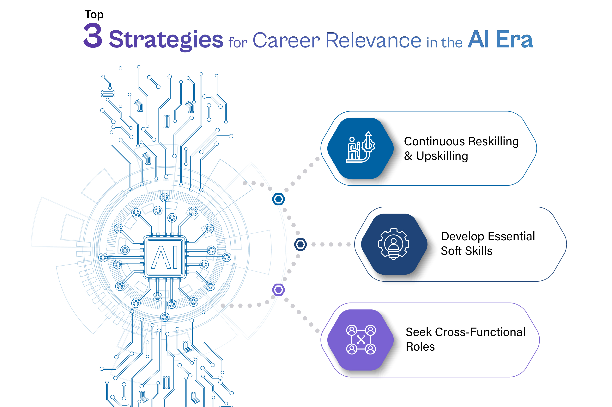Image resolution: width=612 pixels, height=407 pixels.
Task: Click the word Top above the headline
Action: click(94, 15)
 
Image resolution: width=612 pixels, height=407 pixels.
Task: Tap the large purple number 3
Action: click(93, 36)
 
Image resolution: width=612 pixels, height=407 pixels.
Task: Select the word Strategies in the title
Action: click(166, 40)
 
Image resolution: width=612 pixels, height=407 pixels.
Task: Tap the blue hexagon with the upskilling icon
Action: click(361, 148)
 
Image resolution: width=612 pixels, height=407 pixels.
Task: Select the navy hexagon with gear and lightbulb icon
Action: click(394, 244)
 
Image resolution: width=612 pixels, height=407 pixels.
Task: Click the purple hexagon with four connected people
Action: click(361, 340)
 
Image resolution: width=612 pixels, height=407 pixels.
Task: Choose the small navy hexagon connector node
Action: click(300, 244)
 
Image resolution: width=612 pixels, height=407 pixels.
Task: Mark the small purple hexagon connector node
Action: click(279, 289)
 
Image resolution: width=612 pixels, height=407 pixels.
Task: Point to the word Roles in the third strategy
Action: click(420, 347)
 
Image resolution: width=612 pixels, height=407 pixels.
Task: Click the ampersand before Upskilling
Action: click(408, 156)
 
